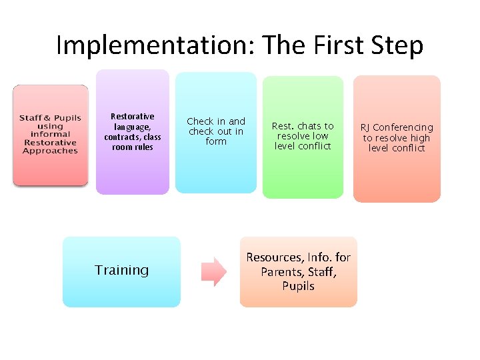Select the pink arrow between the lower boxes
pyautogui.click(x=214, y=272)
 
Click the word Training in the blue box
pyautogui.click(x=121, y=270)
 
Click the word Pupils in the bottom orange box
pyautogui.click(x=298, y=286)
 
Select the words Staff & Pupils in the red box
pyautogui.click(x=50, y=118)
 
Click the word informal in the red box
pyautogui.click(x=50, y=134)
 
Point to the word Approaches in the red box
pyautogui.click(x=50, y=151)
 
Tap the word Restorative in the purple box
pyautogui.click(x=132, y=117)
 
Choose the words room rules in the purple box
pyautogui.click(x=132, y=147)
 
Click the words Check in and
pyautogui.click(x=216, y=121)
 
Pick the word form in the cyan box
pyautogui.click(x=216, y=141)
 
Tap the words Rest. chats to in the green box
pyautogui.click(x=303, y=126)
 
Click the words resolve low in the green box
pyautogui.click(x=303, y=136)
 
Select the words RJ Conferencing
pyautogui.click(x=397, y=127)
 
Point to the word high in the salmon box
pyautogui.click(x=419, y=138)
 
